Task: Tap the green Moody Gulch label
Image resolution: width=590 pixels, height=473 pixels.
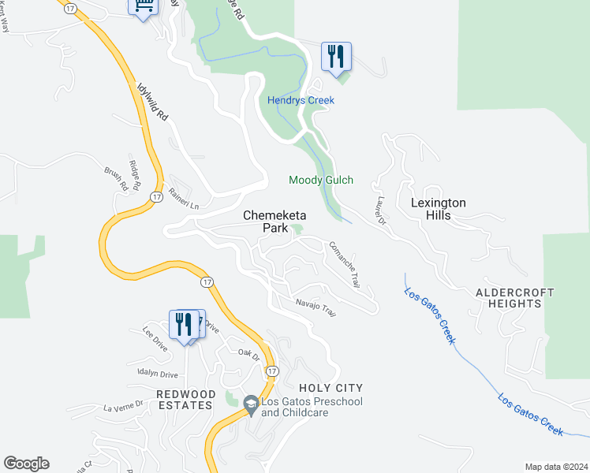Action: (x=320, y=181)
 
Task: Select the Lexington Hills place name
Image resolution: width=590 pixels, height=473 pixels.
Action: (x=439, y=209)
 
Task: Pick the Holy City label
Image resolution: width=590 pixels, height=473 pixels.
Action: (x=330, y=388)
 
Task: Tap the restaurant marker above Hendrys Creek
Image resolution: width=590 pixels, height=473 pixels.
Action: (x=336, y=56)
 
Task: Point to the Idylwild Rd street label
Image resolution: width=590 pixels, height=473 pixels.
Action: (x=152, y=103)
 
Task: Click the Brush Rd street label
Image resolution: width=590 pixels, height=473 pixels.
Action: (x=116, y=177)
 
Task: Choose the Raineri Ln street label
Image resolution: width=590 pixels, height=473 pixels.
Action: (x=183, y=202)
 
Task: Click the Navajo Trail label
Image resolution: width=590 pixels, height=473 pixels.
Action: (x=316, y=307)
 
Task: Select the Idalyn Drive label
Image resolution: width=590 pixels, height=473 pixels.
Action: (x=158, y=374)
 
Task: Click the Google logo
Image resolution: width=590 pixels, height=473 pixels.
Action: (x=26, y=464)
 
